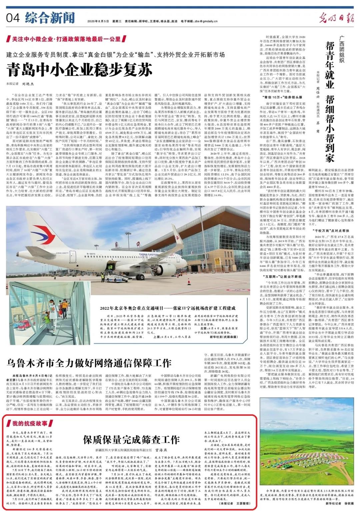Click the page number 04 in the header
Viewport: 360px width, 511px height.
click(x=13, y=18)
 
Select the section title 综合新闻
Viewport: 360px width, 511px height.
click(x=49, y=18)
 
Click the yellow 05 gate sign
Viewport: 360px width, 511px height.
click(x=217, y=260)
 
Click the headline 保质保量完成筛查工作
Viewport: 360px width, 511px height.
click(x=131, y=440)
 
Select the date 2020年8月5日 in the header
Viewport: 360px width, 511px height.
click(x=98, y=21)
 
